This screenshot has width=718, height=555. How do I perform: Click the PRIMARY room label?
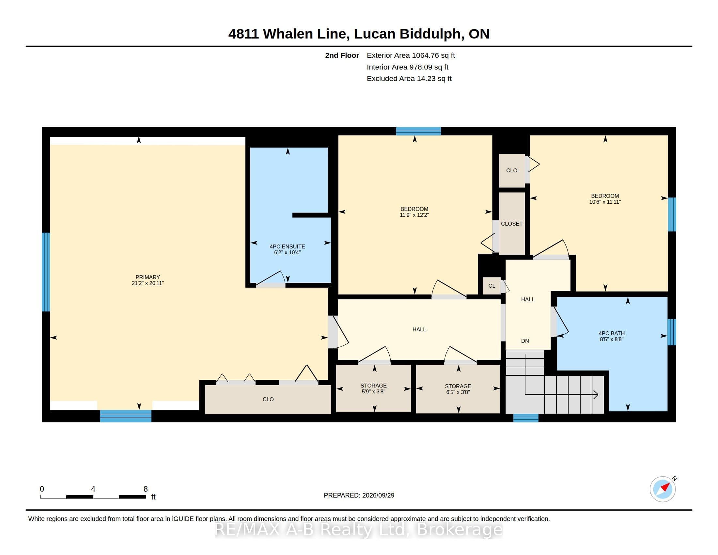(x=148, y=277)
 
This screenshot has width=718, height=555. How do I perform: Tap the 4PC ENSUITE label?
(x=287, y=246)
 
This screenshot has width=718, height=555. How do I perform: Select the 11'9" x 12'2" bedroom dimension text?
(x=414, y=215)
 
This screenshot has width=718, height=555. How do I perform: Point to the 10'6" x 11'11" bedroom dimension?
(x=605, y=202)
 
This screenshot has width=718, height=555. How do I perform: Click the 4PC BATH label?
(x=612, y=333)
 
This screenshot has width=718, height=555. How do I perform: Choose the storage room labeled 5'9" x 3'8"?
(x=373, y=388)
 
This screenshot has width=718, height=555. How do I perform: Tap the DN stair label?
(x=525, y=341)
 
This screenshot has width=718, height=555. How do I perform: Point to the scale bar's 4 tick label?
(x=93, y=489)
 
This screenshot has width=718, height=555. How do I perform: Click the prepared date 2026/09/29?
(x=377, y=495)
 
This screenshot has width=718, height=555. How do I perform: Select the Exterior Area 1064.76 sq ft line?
(x=411, y=55)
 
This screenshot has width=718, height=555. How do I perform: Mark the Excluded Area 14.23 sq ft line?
(x=409, y=79)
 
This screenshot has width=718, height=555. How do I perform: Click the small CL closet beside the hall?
(x=492, y=286)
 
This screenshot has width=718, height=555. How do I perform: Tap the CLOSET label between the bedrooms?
(x=511, y=224)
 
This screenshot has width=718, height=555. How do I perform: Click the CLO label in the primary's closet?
(x=268, y=399)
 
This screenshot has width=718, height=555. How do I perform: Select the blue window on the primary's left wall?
(x=46, y=272)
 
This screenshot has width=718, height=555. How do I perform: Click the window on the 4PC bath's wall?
(x=672, y=332)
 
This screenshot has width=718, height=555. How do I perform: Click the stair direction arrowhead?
(x=596, y=394)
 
